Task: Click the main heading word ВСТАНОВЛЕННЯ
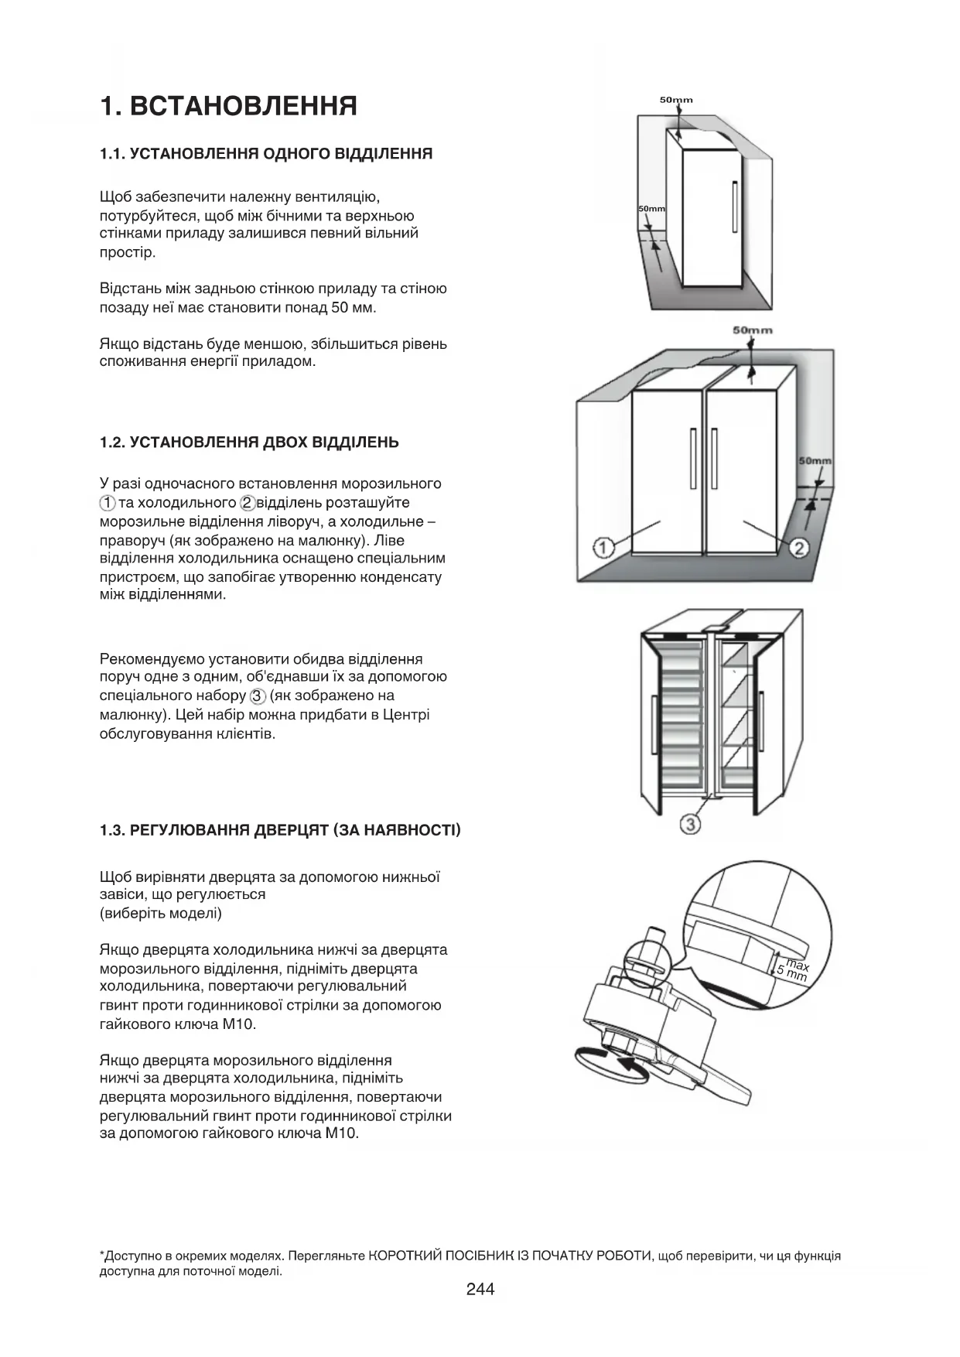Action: click(244, 106)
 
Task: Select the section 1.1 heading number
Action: click(112, 154)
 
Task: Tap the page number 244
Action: click(480, 1289)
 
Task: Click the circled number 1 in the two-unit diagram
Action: click(603, 549)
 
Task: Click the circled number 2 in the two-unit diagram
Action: click(798, 549)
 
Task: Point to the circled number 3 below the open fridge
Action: click(690, 825)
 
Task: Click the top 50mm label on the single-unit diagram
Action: click(676, 100)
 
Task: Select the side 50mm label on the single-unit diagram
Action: click(651, 209)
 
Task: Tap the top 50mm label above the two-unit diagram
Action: click(752, 330)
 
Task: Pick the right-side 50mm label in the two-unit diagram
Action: click(815, 461)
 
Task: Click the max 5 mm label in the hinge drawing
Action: click(794, 970)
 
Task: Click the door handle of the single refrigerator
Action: click(734, 207)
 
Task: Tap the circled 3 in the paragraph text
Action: click(258, 696)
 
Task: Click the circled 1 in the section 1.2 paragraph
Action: click(108, 503)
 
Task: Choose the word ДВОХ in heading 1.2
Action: click(285, 443)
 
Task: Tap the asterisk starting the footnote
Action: click(102, 1256)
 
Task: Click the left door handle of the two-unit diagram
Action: click(693, 459)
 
